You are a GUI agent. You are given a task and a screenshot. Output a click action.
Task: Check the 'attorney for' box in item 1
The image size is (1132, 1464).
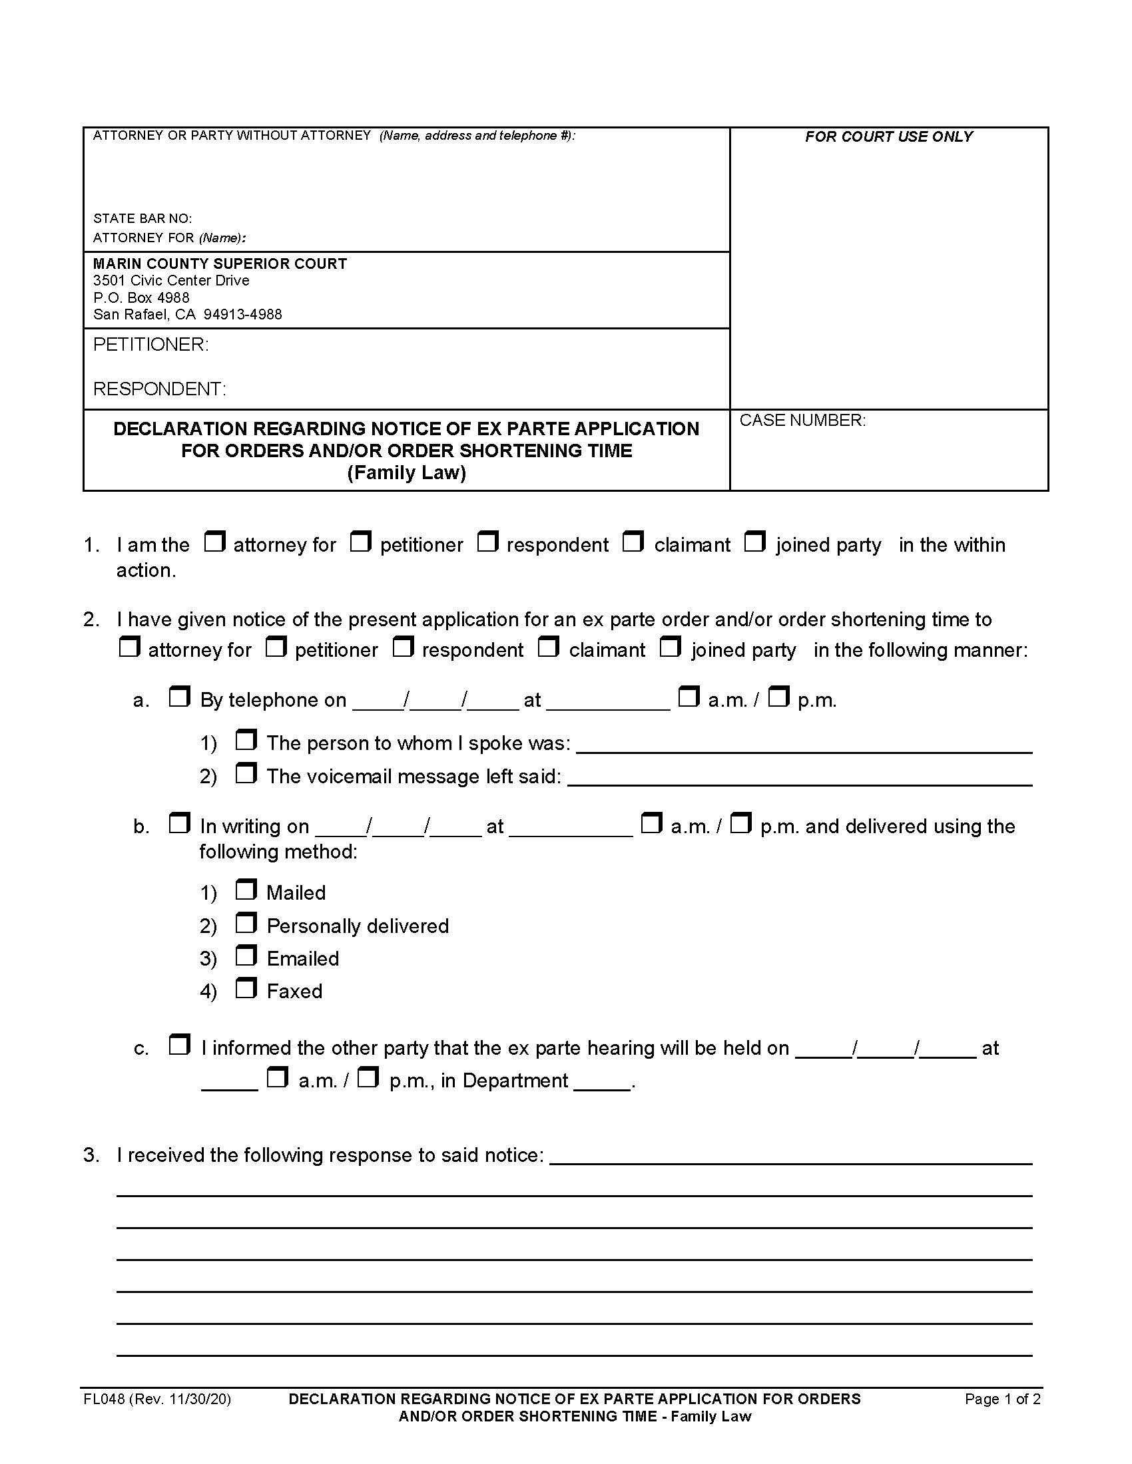coord(214,541)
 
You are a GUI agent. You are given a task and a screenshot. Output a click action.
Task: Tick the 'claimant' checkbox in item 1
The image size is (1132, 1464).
coord(633,541)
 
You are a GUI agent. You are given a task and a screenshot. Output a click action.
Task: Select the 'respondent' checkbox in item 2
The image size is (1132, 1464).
coord(402,647)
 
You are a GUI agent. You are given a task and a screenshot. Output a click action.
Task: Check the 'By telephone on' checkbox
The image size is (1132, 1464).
coord(178,697)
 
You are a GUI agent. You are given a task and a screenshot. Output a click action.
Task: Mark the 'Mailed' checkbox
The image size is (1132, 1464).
coord(246,890)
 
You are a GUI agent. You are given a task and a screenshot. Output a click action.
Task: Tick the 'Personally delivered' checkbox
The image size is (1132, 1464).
coord(246,923)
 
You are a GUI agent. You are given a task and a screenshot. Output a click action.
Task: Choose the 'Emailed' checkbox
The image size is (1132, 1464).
coord(246,956)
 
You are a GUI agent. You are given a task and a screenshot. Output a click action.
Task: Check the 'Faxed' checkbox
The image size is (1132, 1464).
coord(246,988)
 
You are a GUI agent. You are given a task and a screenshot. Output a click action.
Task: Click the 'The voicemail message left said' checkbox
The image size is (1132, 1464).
coord(246,773)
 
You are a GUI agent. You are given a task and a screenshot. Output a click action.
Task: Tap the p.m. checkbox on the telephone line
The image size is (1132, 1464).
coord(778,697)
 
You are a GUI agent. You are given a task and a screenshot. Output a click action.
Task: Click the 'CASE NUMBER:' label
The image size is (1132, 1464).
coord(802,421)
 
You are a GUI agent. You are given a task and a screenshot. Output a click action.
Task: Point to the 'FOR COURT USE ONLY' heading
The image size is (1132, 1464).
coord(888,136)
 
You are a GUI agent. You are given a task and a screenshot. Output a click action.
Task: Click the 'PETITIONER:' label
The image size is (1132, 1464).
coord(151,345)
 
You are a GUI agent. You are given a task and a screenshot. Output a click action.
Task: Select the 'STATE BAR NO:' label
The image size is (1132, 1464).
coord(142,218)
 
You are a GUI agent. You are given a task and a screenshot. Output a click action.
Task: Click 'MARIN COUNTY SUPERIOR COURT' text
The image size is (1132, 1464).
coord(219,264)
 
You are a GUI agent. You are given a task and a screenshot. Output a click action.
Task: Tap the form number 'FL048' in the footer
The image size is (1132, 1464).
coord(103,1399)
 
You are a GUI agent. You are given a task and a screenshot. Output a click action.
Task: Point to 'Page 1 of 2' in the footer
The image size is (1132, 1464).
coord(1002,1399)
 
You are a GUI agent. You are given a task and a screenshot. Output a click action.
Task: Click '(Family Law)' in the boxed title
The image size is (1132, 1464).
coord(406,472)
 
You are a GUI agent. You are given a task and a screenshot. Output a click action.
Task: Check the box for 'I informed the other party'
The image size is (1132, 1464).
coord(178,1044)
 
